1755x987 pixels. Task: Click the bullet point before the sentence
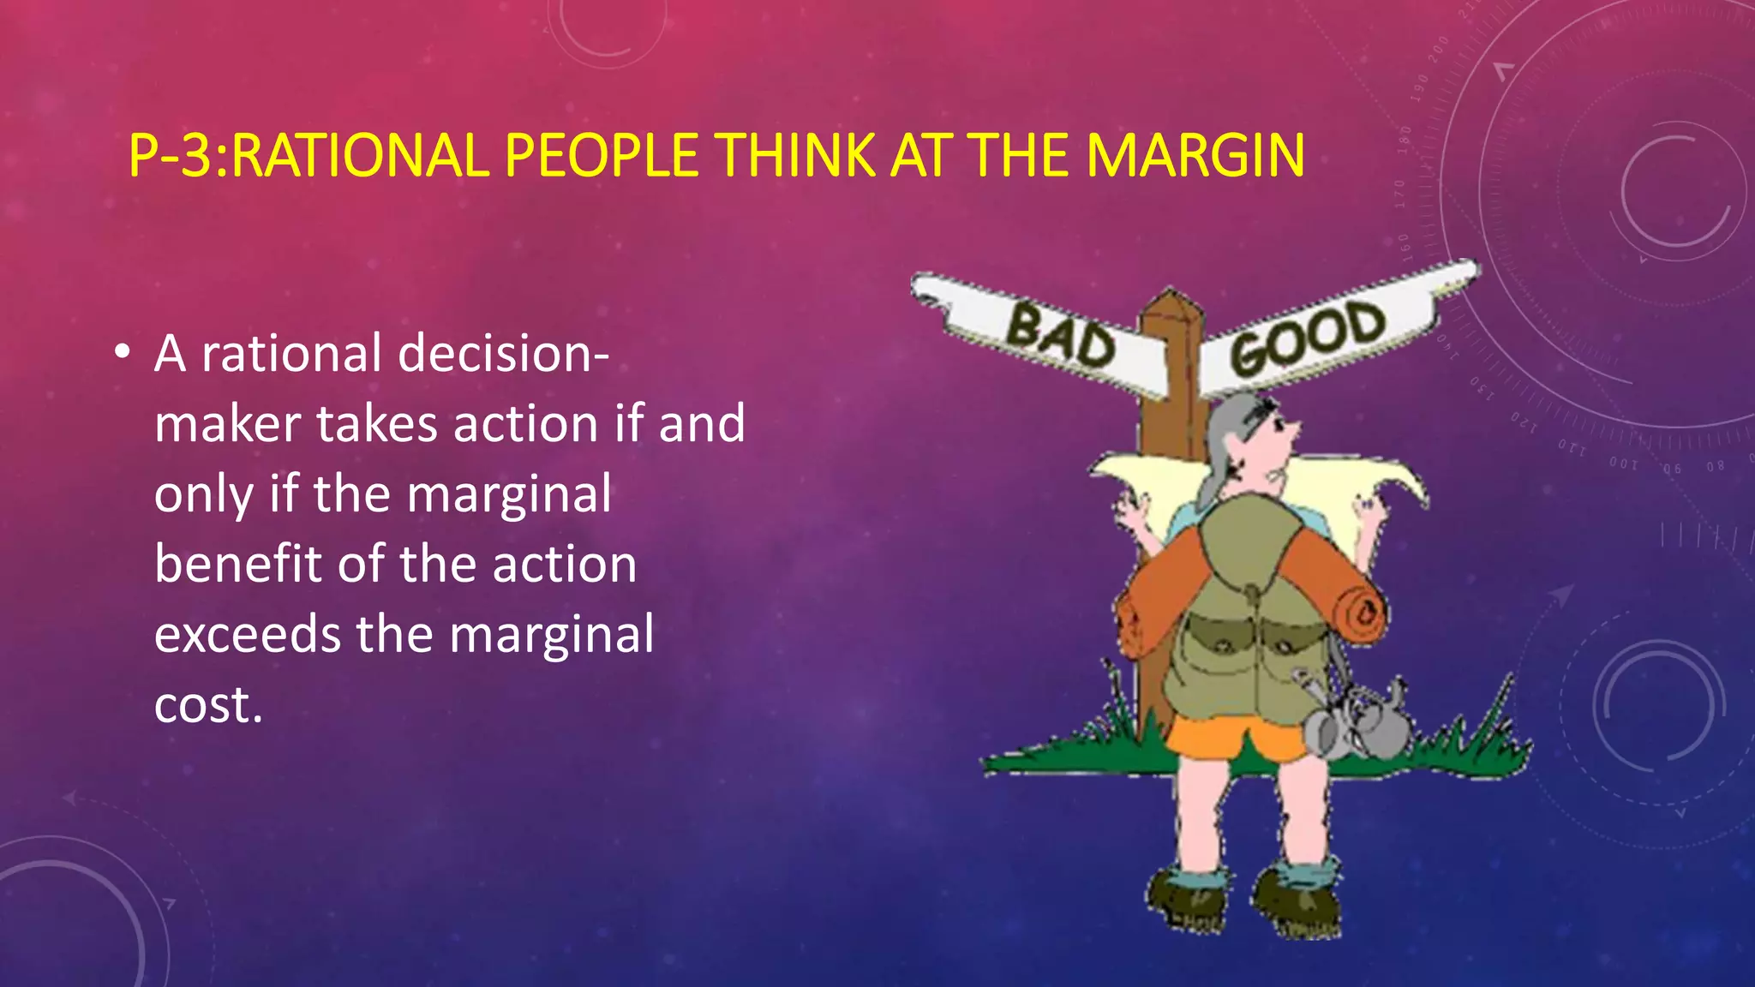coord(123,353)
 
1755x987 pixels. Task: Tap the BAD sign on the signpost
coord(1059,336)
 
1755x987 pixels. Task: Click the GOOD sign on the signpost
coord(1307,338)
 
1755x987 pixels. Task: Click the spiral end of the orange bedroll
coord(1364,613)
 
